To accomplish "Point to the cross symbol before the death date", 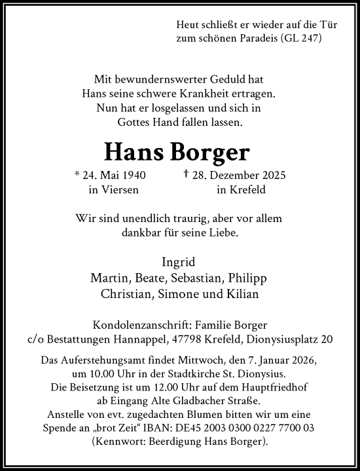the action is pos(187,174).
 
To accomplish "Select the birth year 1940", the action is pos(133,175).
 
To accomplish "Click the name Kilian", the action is pos(241,294).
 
